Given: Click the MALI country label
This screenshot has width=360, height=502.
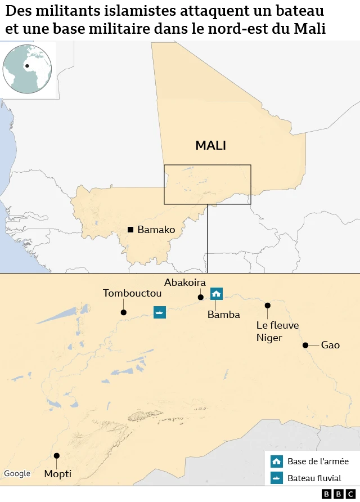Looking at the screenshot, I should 210,146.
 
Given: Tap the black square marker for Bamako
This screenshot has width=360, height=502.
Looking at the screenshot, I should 130,230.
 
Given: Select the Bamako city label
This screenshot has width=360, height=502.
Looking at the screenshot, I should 156,230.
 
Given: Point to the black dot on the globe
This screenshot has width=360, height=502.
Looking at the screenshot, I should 27,66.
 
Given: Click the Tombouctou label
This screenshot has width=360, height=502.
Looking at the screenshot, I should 132,293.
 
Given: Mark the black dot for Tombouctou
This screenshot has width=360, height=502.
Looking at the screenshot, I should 123,312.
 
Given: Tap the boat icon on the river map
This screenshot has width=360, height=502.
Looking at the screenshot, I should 160,312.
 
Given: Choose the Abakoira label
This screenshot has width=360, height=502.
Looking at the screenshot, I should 185,283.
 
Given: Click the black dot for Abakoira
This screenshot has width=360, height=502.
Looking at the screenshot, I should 200,297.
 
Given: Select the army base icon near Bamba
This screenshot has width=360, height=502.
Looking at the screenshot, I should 217,293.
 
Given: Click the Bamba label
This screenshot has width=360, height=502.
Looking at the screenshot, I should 224,315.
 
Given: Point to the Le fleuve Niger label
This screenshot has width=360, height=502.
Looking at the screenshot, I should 277,331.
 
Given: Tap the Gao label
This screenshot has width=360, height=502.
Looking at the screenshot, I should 330,345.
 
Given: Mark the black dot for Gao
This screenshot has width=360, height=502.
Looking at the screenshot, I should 305,345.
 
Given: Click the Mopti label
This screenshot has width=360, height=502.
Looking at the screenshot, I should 58,474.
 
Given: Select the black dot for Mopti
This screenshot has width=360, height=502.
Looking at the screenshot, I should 56,456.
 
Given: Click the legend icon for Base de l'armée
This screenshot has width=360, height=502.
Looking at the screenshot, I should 276,461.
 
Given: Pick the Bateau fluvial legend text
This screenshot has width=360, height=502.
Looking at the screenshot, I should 314,478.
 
